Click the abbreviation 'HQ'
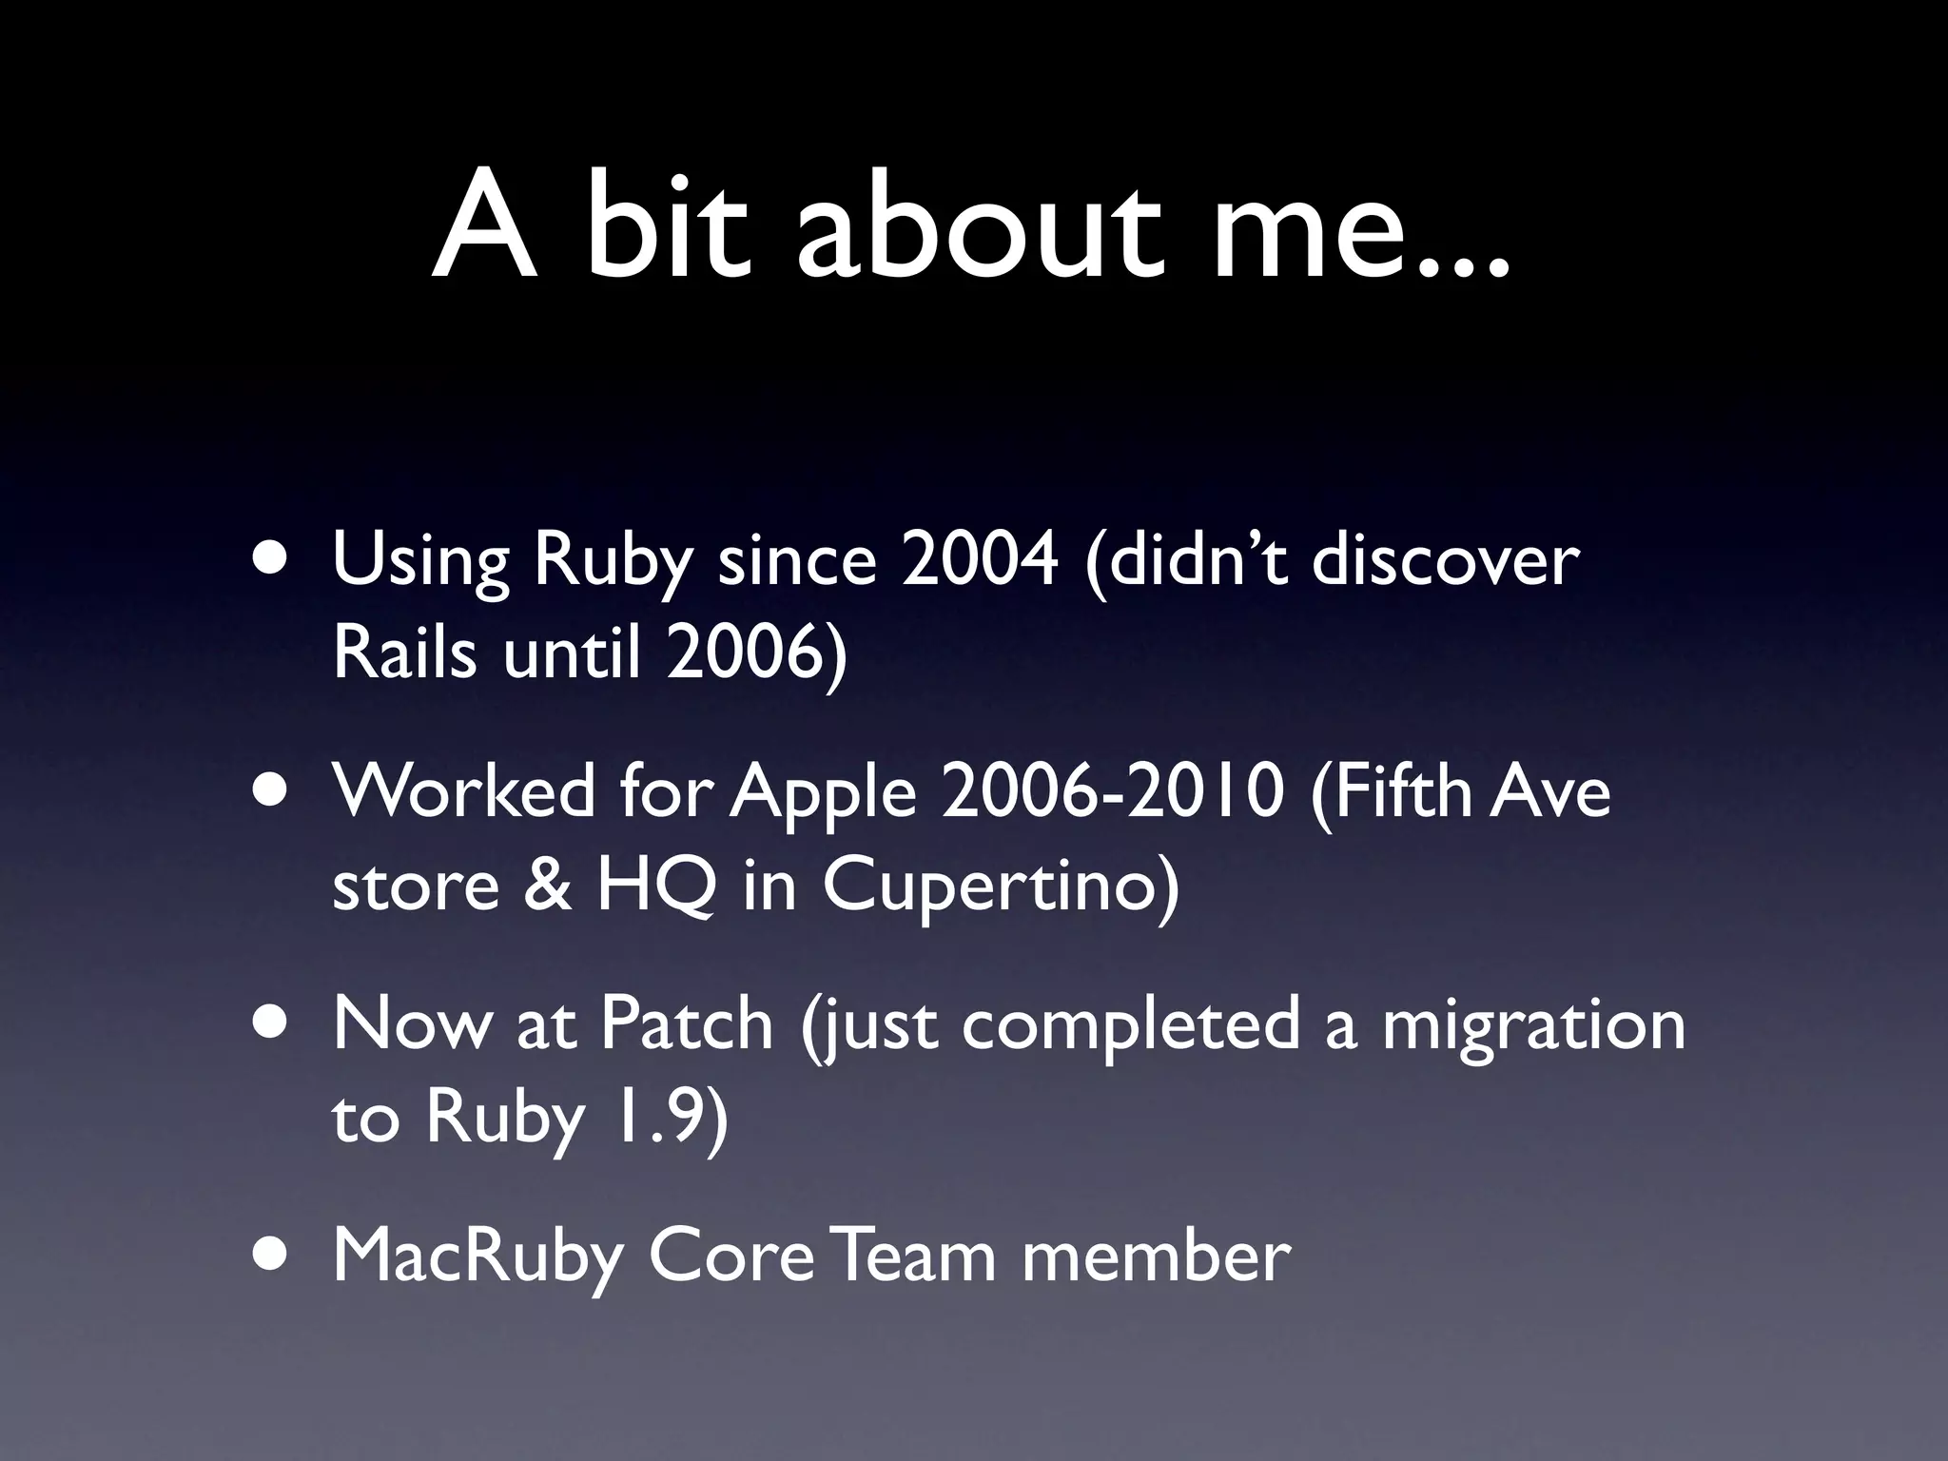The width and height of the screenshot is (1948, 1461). click(x=655, y=885)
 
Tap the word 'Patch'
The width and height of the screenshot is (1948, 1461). click(x=686, y=1024)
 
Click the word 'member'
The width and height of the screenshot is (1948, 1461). click(x=1156, y=1256)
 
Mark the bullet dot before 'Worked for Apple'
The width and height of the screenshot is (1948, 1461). click(x=275, y=791)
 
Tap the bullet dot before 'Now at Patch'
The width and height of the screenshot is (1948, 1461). click(x=275, y=1023)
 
